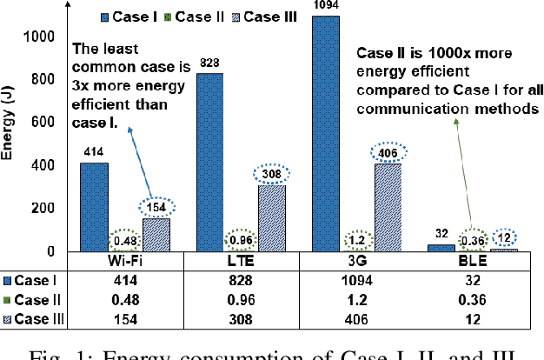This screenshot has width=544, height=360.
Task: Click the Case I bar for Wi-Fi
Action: coord(95,207)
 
